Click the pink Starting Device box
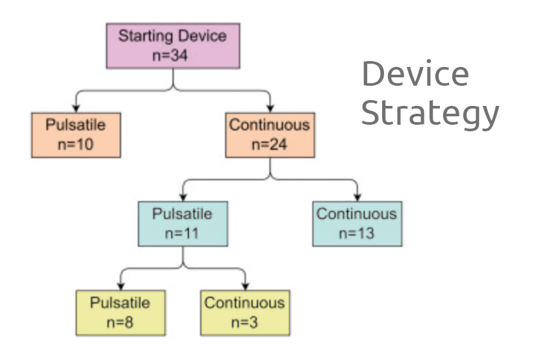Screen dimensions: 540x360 click(173, 46)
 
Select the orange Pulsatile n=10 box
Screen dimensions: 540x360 click(76, 135)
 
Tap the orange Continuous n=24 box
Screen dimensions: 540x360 click(270, 135)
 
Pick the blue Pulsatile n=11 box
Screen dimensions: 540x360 click(183, 224)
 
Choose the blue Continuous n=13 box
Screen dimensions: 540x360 click(357, 224)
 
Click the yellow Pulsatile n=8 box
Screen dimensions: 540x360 click(120, 313)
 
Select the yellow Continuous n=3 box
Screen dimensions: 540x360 click(245, 313)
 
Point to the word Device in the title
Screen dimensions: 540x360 click(415, 73)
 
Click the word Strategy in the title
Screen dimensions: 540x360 click(430, 112)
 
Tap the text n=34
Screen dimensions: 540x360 click(170, 55)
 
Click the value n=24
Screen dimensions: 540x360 click(269, 144)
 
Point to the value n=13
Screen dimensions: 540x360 click(357, 233)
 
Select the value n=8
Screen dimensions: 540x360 click(120, 322)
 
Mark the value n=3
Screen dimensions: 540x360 click(244, 322)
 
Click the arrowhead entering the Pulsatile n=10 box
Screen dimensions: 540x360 click(76, 109)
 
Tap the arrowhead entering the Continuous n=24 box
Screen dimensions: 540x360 click(270, 109)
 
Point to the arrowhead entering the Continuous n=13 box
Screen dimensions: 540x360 click(357, 198)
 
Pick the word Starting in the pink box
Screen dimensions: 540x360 click(146, 36)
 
